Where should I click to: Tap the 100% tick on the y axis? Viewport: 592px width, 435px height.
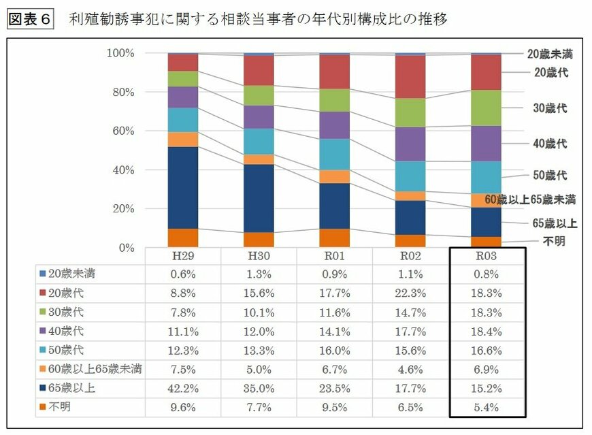[120, 53]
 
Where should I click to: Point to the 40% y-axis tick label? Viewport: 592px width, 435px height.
[123, 170]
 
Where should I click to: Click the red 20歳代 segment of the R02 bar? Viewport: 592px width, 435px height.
[410, 76]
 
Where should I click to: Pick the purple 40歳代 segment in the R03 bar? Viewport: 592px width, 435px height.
[486, 143]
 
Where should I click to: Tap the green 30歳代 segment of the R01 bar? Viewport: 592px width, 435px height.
[335, 100]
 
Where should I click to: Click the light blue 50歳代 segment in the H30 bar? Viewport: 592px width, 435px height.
[259, 142]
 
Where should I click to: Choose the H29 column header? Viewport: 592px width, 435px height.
[184, 256]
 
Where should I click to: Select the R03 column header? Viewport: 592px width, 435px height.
[486, 256]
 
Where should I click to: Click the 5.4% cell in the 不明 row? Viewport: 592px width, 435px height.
[486, 407]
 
